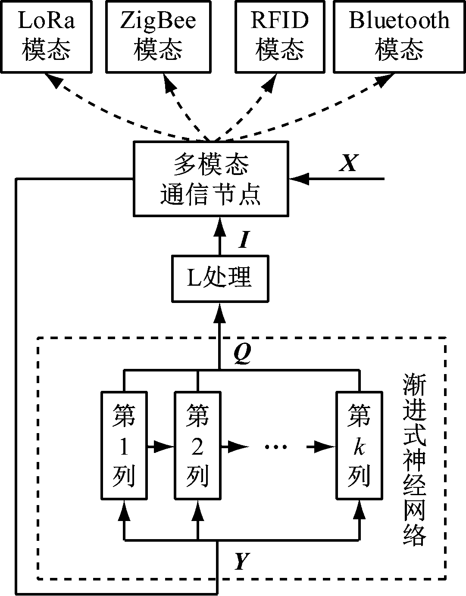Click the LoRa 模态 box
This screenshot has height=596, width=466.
pyautogui.click(x=46, y=36)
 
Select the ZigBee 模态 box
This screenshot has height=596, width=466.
pyautogui.click(x=158, y=36)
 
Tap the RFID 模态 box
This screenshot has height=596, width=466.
pyautogui.click(x=280, y=36)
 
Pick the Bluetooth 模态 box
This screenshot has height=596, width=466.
pyautogui.click(x=399, y=36)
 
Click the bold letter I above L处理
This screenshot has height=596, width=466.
pyautogui.click(x=244, y=240)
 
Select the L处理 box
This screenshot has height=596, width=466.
pyautogui.click(x=219, y=278)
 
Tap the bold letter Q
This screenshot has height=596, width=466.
pyautogui.click(x=242, y=354)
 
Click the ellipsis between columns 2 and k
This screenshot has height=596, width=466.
pyautogui.click(x=276, y=447)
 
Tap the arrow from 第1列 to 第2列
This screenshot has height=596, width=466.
pyautogui.click(x=160, y=447)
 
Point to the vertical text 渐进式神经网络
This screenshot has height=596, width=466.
pyautogui.click(x=415, y=459)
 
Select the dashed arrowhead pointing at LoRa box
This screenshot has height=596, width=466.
pyautogui.click(x=54, y=80)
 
